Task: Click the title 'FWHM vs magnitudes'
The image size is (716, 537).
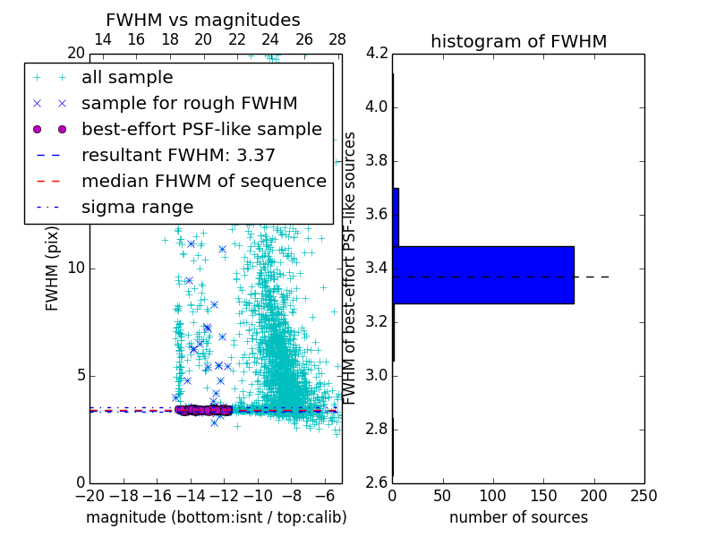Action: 203,20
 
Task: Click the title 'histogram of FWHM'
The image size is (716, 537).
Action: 518,41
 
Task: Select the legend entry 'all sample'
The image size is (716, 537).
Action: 127,78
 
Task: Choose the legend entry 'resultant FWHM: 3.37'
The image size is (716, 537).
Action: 178,155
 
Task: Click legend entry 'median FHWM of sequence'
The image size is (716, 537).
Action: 204,181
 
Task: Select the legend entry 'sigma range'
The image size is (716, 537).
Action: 137,207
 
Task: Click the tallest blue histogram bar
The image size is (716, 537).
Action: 483,275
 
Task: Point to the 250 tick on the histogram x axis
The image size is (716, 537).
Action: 644,495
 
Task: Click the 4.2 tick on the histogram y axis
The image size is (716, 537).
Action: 376,54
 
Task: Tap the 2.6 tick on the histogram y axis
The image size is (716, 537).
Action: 376,482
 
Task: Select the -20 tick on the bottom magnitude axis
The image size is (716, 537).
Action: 89,495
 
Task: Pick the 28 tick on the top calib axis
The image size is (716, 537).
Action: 337,39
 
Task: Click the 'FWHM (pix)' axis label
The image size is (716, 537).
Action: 53,268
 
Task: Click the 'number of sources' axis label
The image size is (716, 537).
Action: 518,517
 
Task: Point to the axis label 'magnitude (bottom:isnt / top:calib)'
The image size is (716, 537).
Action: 216,517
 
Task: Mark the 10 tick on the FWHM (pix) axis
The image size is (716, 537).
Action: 75,268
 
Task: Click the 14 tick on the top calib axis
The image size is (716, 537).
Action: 103,39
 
